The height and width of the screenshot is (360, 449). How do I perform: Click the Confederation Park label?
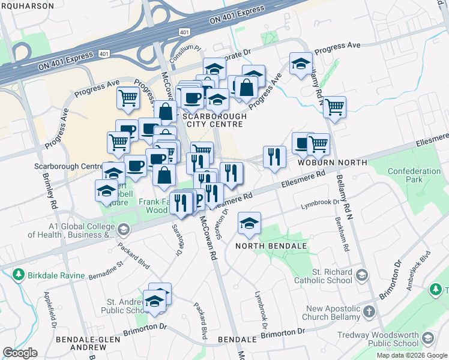click(x=414, y=175)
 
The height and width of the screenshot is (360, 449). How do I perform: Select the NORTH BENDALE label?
click(x=271, y=247)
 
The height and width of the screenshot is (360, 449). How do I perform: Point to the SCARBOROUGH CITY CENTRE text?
click(x=205, y=120)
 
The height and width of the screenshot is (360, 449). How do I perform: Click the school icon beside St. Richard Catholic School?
click(x=362, y=275)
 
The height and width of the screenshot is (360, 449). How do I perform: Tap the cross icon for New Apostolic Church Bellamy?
click(x=369, y=311)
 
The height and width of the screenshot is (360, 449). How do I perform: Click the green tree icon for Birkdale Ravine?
click(x=17, y=275)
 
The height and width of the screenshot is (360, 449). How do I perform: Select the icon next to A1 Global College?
click(x=123, y=229)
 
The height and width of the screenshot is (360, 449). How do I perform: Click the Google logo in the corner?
click(x=20, y=353)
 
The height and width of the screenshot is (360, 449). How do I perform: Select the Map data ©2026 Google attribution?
click(x=412, y=355)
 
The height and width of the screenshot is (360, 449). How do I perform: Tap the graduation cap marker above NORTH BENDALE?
click(x=249, y=223)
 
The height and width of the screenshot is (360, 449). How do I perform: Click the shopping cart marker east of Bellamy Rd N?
click(x=334, y=107)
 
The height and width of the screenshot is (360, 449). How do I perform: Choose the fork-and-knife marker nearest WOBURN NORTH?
click(x=274, y=157)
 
